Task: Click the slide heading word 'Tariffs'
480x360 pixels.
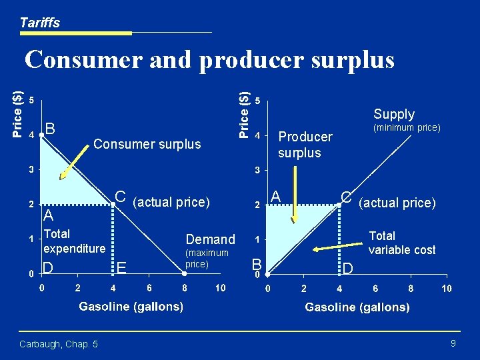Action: [x=39, y=23]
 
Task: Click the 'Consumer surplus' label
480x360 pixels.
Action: [x=147, y=144]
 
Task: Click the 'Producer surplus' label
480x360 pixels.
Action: [x=305, y=145]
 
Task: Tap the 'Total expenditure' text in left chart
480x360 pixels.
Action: [x=74, y=241]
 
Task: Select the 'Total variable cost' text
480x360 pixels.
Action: [x=401, y=243]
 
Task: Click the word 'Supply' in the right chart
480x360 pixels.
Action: [x=394, y=114]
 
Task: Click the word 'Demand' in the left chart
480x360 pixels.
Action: [x=210, y=239]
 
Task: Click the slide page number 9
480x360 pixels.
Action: [x=453, y=343]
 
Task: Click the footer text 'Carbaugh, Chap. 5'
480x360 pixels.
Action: [x=59, y=344]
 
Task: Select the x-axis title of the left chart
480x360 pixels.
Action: [x=131, y=307]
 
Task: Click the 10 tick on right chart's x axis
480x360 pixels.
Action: [x=446, y=289]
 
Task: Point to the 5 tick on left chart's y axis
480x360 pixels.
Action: [x=32, y=101]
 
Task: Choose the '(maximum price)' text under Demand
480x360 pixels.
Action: [x=207, y=259]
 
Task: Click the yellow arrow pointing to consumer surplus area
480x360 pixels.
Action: [x=76, y=157]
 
